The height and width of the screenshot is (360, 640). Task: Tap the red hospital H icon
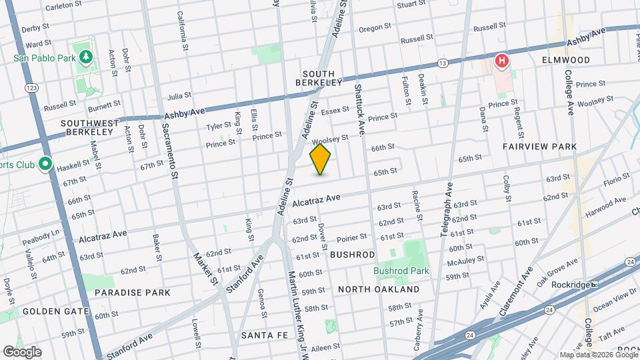[x=502, y=63]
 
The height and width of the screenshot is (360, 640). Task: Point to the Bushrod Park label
[x=401, y=271]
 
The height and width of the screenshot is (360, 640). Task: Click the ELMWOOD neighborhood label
[x=566, y=60]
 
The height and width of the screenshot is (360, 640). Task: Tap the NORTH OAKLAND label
[x=379, y=289]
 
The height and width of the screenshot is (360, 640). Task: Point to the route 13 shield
[x=442, y=63]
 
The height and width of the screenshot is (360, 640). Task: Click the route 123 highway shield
[x=31, y=87]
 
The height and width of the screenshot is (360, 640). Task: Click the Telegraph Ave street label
[x=446, y=211]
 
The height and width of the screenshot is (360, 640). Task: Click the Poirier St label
[x=351, y=237]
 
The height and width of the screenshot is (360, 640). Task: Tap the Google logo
[x=22, y=351]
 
